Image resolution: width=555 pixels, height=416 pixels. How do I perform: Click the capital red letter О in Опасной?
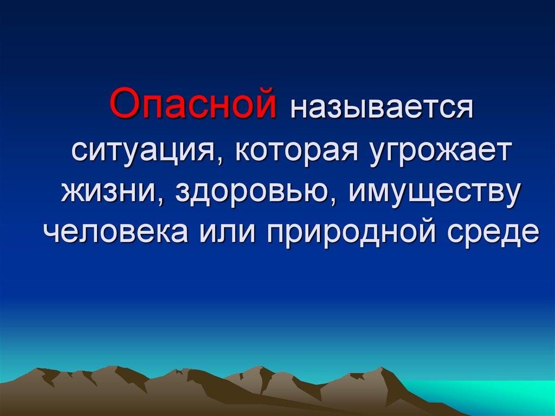[x=124, y=104]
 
